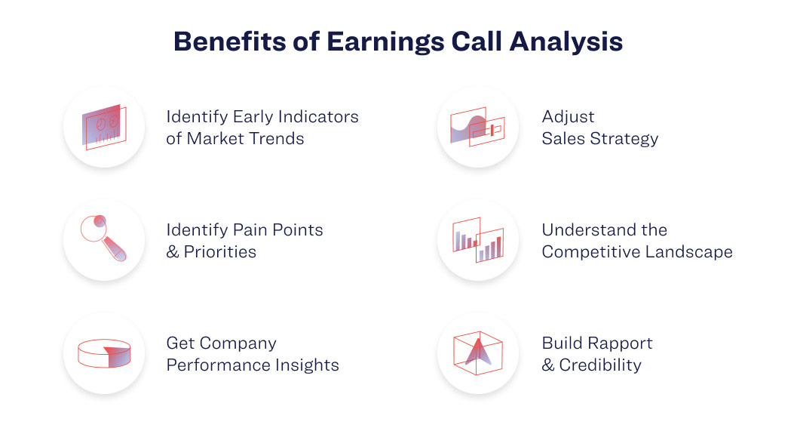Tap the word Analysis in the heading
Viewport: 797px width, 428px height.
pyautogui.click(x=566, y=42)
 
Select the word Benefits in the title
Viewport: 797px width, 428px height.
pyautogui.click(x=230, y=42)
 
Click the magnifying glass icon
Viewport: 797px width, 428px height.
pyautogui.click(x=103, y=239)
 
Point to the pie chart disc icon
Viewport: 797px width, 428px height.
pyautogui.click(x=104, y=353)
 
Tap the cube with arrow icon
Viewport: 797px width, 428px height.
pyautogui.click(x=478, y=353)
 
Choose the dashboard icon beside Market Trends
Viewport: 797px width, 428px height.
pyautogui.click(x=104, y=128)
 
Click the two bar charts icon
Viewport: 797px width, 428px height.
pyautogui.click(x=478, y=240)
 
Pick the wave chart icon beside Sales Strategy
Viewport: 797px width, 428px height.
pyautogui.click(x=477, y=127)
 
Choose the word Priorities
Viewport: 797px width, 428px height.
pyautogui.click(x=220, y=252)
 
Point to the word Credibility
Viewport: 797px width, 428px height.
pyautogui.click(x=600, y=365)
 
